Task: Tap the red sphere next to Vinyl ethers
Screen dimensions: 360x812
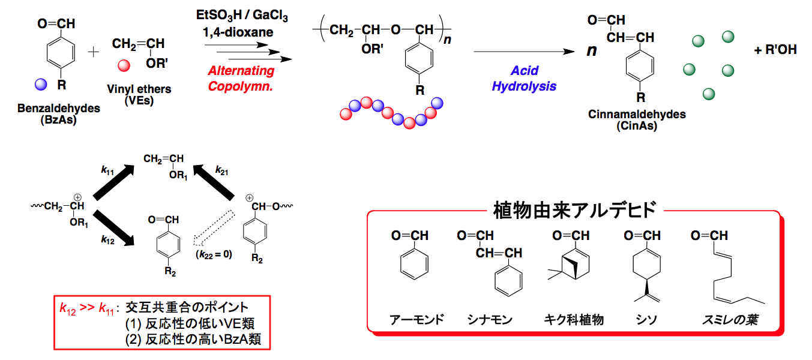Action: (x=124, y=65)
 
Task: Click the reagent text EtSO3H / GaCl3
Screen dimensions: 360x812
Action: (x=242, y=14)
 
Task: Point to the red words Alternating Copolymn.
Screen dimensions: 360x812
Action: (x=241, y=78)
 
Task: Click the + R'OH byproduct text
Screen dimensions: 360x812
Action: (x=775, y=50)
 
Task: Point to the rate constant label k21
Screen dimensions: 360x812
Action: (x=221, y=171)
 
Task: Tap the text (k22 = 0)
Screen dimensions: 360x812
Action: (x=214, y=254)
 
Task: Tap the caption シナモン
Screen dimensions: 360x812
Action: (x=490, y=319)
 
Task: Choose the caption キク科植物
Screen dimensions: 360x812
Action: (x=574, y=319)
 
